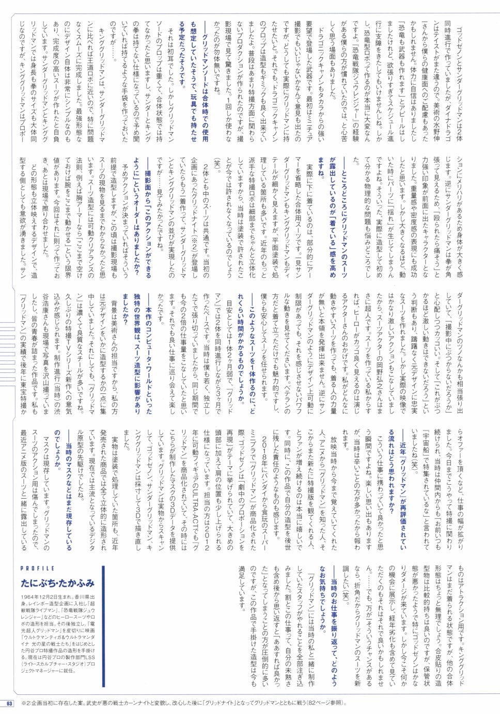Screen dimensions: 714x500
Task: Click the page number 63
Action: coord(9,703)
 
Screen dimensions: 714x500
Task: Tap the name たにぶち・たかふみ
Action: coord(58,583)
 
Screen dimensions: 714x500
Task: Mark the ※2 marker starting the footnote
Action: coord(25,703)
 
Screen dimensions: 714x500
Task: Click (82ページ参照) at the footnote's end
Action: coord(321,703)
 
